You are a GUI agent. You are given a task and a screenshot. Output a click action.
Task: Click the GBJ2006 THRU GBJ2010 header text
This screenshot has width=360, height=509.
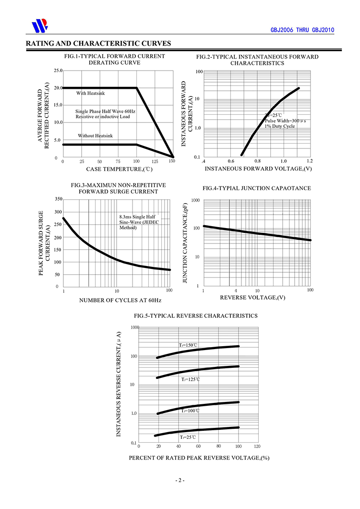[302, 30]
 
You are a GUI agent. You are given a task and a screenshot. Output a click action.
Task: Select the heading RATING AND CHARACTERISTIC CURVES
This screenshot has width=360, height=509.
[98, 43]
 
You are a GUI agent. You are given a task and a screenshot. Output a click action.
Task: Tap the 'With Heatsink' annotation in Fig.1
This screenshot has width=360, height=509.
[90, 93]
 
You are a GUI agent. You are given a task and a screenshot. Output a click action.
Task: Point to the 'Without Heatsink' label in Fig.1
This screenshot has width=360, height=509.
[95, 136]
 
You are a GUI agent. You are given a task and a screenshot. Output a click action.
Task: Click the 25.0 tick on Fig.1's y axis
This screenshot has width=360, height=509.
[58, 71]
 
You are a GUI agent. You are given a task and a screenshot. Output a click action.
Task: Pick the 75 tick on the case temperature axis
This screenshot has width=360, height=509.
[118, 161]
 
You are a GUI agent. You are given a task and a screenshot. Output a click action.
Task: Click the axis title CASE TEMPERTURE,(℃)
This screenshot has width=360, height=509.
[120, 169]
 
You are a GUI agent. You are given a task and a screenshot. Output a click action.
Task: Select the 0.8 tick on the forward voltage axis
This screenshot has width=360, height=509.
[257, 161]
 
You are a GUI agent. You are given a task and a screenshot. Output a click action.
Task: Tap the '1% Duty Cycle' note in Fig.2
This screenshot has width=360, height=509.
[279, 126]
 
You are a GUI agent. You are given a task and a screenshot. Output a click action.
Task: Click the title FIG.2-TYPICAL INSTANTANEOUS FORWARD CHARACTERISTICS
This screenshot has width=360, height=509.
[257, 60]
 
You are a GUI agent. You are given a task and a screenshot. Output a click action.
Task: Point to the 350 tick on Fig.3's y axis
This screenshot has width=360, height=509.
[58, 199]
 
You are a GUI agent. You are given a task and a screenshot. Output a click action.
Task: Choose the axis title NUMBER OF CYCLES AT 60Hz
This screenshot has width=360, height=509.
[120, 300]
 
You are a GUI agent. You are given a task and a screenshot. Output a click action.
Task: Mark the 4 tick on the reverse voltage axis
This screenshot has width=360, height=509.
[236, 291]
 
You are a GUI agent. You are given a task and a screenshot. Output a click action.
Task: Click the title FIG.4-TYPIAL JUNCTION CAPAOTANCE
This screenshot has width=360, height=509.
[257, 188]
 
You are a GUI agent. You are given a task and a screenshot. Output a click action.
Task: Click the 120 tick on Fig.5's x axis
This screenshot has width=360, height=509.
[257, 446]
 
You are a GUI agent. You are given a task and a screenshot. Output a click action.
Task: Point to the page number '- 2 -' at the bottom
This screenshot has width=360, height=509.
[180, 480]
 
